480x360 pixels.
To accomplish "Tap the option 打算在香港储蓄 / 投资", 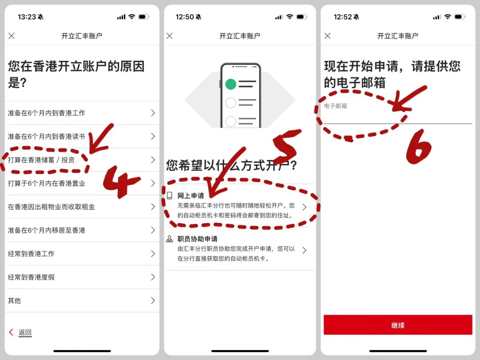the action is (41, 160).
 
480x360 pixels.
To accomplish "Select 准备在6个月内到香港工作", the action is (47, 113).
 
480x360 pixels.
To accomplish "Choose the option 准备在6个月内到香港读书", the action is (47, 136).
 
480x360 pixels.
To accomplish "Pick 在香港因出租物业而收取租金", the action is (52, 207).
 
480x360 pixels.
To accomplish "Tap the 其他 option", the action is (14, 300).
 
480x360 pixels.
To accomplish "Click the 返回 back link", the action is (25, 332).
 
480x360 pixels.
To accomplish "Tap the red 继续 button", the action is (398, 325).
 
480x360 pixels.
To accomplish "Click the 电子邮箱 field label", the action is (335, 106).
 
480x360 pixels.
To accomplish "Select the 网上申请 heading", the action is (191, 196).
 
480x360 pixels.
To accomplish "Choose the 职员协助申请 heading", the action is (197, 239).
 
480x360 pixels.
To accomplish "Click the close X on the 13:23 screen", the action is (12, 36).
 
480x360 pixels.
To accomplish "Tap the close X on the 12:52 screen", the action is (328, 36).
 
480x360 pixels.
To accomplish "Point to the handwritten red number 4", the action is (121, 181).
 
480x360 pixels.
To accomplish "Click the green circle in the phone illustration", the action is (231, 84).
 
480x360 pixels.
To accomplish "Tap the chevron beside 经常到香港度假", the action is (153, 277).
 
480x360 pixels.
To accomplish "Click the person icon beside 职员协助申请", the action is (169, 239).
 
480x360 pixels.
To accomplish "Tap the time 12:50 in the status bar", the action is (184, 17).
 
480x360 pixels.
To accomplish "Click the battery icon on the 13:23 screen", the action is (144, 17).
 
